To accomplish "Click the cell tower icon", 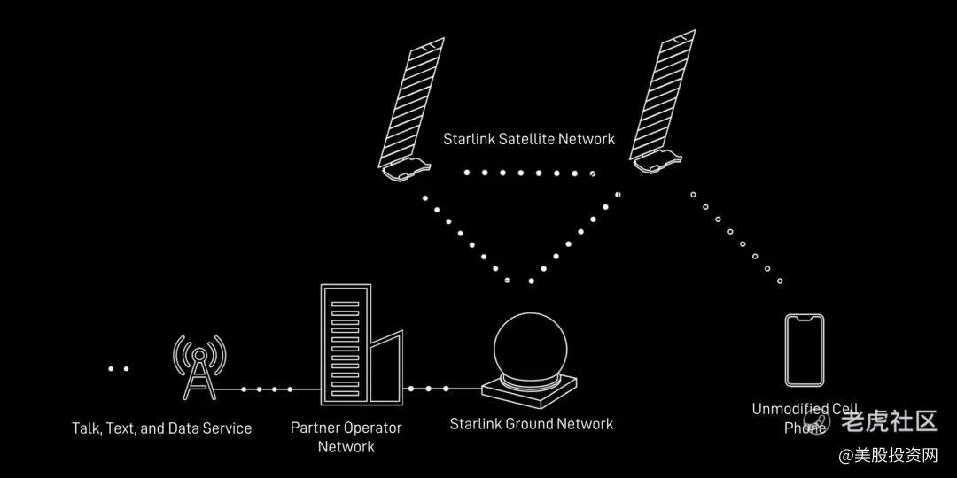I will tap(198, 367).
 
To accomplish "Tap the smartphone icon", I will tap(805, 350).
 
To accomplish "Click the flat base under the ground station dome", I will tap(529, 387).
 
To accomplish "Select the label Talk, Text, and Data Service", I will tap(161, 428).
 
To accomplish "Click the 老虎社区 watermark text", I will tap(889, 420).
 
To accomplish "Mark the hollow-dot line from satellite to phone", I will tap(736, 236).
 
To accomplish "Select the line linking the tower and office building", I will tap(263, 389).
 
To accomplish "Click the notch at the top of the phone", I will tap(805, 318).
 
